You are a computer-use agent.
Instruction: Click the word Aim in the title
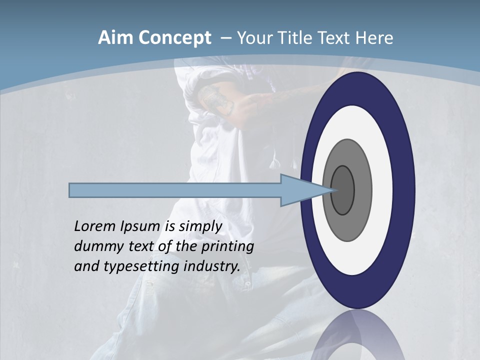point(115,38)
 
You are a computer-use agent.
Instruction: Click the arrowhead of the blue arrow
point(305,190)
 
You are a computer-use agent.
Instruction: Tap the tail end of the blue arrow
point(72,190)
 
